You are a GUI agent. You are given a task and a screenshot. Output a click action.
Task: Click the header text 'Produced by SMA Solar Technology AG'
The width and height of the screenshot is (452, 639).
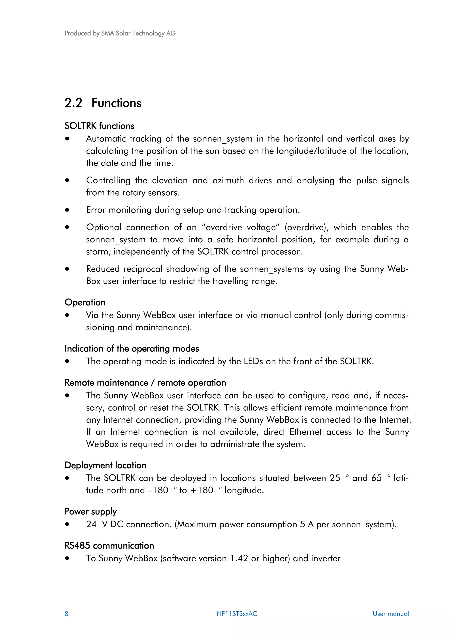click(120, 33)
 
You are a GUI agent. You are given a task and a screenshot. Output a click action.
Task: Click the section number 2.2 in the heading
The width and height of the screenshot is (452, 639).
click(73, 103)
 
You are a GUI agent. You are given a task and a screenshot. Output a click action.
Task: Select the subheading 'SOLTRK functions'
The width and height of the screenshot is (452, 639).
click(99, 126)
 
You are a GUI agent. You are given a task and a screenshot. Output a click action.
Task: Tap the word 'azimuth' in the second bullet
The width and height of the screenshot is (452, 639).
click(228, 180)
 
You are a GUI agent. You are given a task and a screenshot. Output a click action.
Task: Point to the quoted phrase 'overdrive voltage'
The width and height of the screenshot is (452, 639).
click(241, 227)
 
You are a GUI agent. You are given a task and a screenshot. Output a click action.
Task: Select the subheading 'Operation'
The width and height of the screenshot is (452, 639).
click(85, 302)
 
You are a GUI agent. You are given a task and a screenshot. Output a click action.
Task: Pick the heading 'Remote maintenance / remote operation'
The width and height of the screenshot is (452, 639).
click(145, 383)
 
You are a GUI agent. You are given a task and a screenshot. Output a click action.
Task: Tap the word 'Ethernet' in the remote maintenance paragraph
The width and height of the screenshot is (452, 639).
click(305, 432)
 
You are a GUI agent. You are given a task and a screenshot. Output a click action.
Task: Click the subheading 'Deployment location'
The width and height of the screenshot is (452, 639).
click(105, 465)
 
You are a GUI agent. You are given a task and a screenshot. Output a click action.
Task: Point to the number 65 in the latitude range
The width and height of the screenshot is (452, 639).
click(377, 478)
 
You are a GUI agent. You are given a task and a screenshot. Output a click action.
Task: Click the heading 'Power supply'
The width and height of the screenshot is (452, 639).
click(90, 512)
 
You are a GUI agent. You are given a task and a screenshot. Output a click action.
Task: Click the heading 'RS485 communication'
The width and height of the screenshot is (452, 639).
click(109, 546)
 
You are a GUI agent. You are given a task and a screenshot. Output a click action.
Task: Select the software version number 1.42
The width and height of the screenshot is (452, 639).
click(239, 558)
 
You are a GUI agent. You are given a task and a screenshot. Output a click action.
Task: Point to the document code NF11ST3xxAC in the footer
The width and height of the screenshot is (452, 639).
click(237, 614)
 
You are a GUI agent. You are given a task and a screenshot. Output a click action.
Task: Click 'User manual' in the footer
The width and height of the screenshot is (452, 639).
click(390, 614)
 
